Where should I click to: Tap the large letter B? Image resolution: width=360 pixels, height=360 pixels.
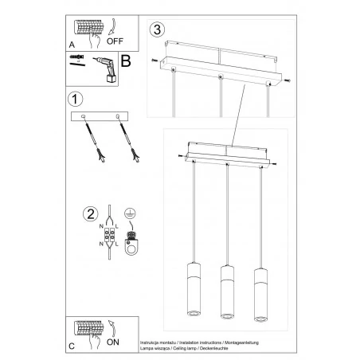(125, 63)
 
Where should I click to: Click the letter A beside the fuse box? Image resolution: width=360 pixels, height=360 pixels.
(72, 45)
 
